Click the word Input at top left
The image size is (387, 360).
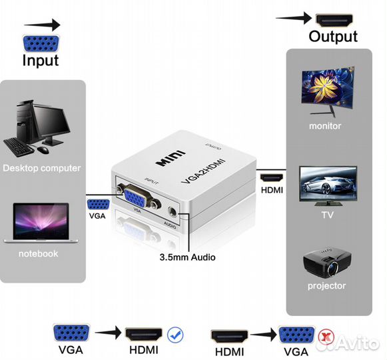pos(41,60)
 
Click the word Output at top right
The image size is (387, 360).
pos(332,36)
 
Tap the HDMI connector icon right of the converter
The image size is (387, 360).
pos(270,177)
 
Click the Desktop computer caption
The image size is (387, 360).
pos(41,168)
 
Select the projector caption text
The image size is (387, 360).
pos(326,286)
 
